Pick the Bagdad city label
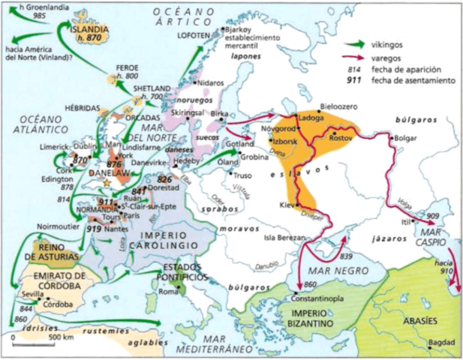441,343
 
